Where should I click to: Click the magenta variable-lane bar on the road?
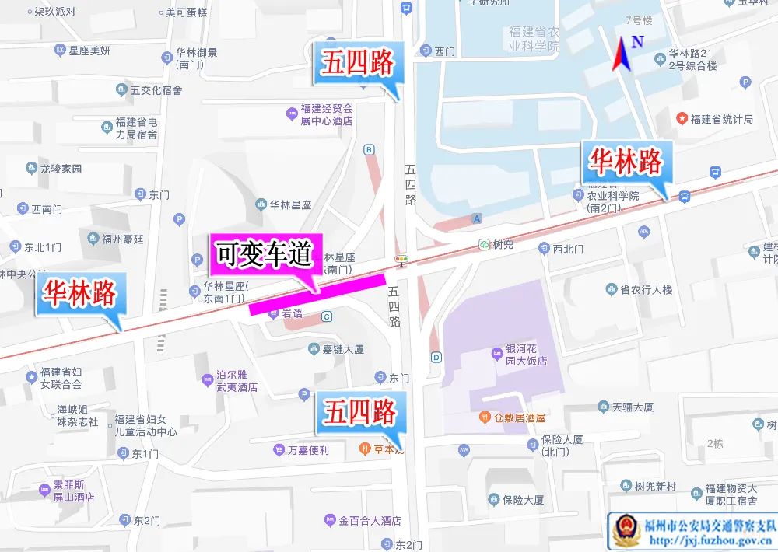point(317,294)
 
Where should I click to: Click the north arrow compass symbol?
point(622,54)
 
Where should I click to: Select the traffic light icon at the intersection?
point(401,260)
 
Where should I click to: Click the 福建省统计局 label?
point(721,119)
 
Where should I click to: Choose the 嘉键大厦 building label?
point(342,349)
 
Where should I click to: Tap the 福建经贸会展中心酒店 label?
point(327,114)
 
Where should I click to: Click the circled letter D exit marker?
point(436,358)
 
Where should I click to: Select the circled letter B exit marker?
point(369,149)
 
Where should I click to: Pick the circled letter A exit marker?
point(477,218)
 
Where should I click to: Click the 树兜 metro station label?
point(503,244)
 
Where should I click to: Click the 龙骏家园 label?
point(61,168)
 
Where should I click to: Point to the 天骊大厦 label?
point(632,407)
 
